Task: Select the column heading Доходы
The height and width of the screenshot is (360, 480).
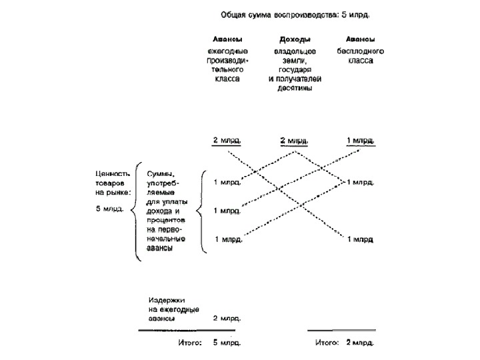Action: pos(294,39)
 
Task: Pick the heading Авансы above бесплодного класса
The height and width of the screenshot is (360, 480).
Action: pos(361,39)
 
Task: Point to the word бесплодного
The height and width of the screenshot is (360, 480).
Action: pos(361,51)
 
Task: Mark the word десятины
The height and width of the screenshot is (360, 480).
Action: pos(294,89)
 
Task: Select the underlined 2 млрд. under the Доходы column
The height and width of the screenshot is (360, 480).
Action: pos(294,141)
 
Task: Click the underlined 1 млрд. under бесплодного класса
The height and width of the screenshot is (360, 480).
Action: pos(361,141)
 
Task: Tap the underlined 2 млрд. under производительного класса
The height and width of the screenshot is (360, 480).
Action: pos(227,141)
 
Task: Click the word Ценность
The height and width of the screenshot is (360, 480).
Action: pos(109,173)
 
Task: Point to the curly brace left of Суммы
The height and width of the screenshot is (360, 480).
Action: pos(135,210)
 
